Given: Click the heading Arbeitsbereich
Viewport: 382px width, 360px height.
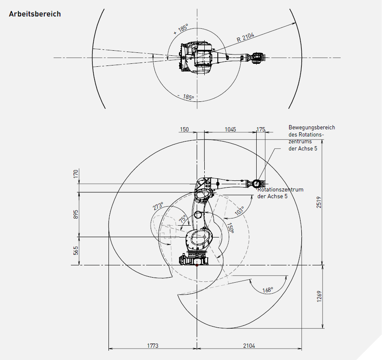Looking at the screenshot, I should pos(35,14).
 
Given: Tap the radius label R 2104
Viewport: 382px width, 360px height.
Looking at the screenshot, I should pos(245,38).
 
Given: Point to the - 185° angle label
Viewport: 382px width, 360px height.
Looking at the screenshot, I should pos(186,97).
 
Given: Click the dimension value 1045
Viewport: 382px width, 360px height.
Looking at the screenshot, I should pos(230,129).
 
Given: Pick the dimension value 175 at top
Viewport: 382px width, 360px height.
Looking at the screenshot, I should pos(261,129).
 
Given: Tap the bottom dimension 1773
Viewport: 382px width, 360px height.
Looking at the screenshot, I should pos(152,346).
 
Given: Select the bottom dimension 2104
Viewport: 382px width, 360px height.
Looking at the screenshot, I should pos(249,346).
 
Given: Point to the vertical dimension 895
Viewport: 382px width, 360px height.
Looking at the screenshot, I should pos(75,214).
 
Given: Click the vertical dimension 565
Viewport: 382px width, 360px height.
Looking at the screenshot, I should pos(75,251).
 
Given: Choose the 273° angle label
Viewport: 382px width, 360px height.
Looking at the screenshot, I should pos(158,207).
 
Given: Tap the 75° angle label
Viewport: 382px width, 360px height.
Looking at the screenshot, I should pos(182,219).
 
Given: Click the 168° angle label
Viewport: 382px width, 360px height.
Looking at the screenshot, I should pos(268,290).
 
